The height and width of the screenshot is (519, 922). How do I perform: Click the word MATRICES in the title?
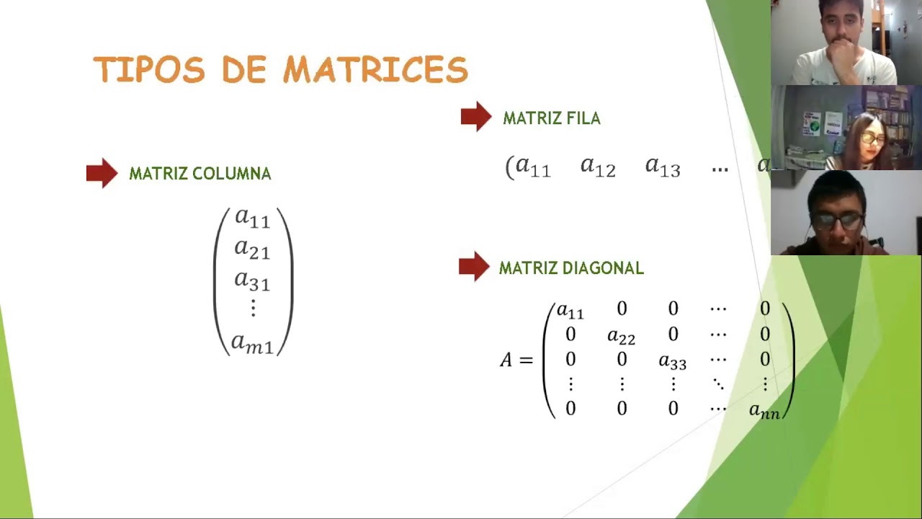click(x=375, y=70)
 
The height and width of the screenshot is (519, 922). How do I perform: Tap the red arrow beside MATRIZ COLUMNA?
click(x=102, y=173)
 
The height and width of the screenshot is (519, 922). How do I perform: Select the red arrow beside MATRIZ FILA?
click(x=475, y=117)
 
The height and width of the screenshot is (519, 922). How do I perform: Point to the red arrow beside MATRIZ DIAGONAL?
click(x=473, y=267)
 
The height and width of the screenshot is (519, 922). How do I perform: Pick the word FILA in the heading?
click(x=584, y=118)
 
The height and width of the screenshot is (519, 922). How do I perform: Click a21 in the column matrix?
click(x=252, y=249)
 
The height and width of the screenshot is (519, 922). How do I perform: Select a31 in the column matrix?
click(x=252, y=280)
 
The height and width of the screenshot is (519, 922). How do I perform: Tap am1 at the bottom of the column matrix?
click(x=252, y=343)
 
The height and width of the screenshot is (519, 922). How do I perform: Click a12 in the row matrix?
click(x=598, y=167)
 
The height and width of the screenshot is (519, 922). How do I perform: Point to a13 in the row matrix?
click(x=663, y=167)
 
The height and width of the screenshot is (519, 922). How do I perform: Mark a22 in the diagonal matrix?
click(x=621, y=337)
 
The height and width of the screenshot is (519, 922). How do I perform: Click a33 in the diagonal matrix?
click(x=672, y=362)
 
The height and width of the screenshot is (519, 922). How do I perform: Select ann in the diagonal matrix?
click(x=764, y=411)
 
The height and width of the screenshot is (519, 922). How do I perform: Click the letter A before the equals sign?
click(x=506, y=360)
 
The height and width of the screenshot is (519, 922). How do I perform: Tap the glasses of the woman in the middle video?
click(x=872, y=138)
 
